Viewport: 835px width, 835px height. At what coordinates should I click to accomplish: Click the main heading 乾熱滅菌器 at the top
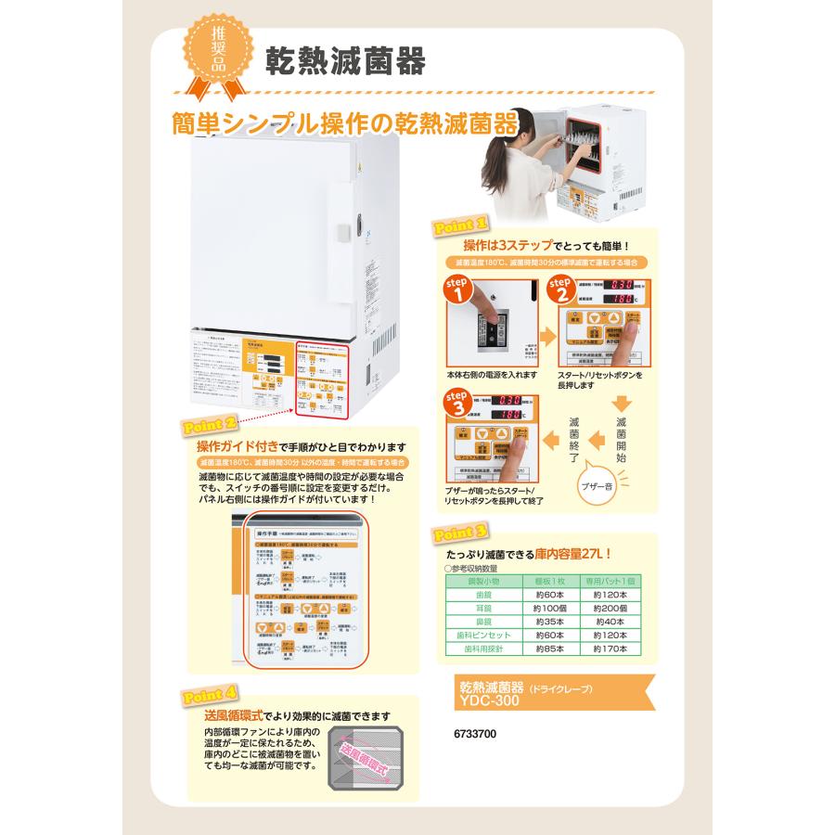click(345, 61)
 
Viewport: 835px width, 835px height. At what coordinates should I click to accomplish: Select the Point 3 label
click(459, 533)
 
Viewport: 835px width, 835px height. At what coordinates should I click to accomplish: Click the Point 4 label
click(211, 694)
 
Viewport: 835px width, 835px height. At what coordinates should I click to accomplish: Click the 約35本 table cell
click(549, 622)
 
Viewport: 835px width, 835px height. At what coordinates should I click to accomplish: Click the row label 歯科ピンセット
click(489, 636)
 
